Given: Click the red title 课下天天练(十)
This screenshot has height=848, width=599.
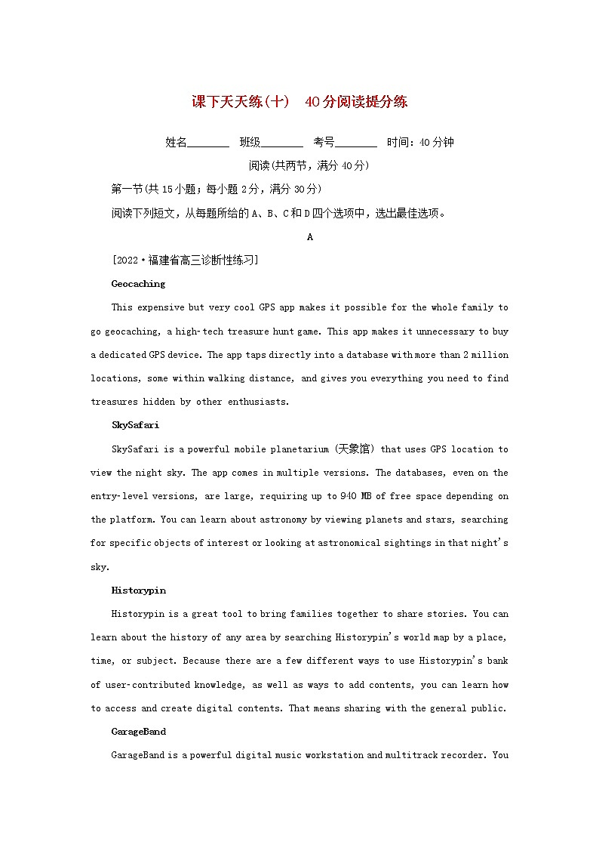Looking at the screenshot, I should tap(241, 102).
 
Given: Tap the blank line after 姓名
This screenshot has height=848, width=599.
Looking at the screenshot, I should tap(207, 143).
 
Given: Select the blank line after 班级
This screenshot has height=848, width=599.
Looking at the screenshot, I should tap(282, 143).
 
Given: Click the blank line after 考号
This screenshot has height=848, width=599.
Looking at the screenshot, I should tap(356, 143).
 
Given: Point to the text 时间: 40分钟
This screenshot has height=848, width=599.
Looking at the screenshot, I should tap(420, 142).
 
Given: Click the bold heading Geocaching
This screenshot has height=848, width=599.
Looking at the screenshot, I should tap(138, 284).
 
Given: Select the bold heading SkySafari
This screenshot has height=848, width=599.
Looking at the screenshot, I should tap(135, 425).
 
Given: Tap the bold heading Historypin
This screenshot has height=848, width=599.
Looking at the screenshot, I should tap(138, 590).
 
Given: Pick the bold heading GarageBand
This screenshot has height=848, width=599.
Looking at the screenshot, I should tap(139, 731).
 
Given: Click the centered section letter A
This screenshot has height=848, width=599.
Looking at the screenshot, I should tap(310, 237).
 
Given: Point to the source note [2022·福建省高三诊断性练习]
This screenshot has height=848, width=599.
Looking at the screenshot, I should tap(185, 261).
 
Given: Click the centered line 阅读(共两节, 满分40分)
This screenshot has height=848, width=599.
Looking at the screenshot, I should tap(309, 165).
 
